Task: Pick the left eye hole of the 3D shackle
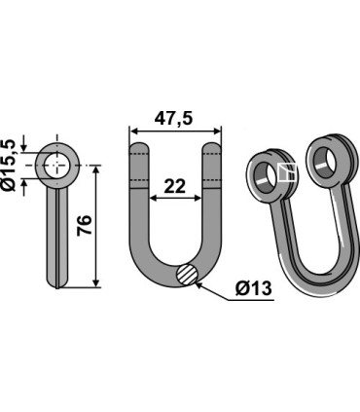266,175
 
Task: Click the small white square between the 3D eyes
286,172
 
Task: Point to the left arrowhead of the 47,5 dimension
134,131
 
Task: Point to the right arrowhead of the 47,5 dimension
220,131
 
